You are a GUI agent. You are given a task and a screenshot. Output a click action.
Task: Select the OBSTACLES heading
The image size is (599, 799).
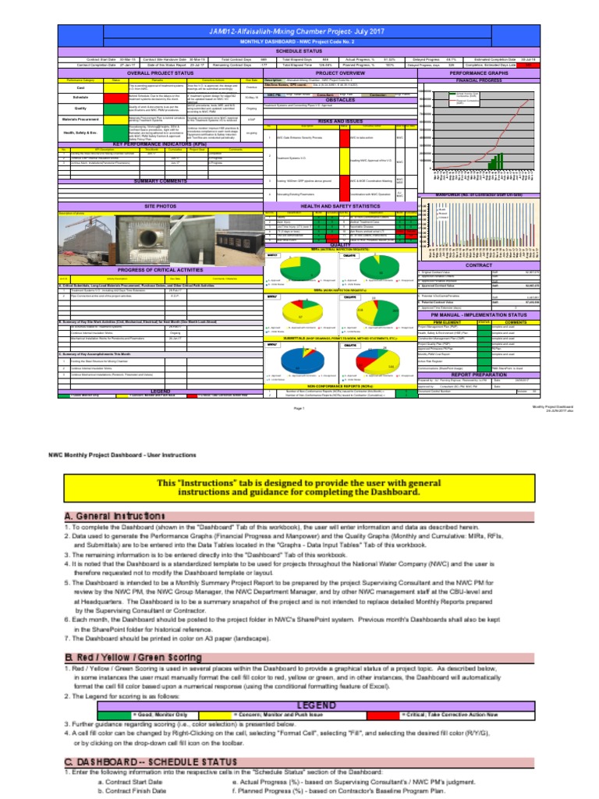click(x=340, y=100)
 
